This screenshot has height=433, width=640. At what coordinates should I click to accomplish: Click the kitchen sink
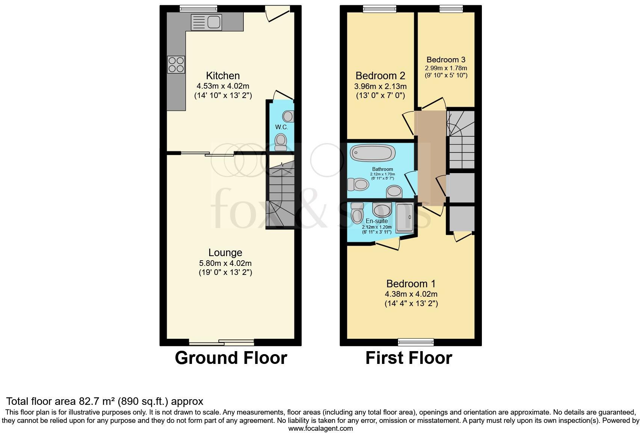pyautogui.click(x=206, y=22)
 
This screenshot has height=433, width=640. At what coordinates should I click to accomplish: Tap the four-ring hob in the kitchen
pyautogui.click(x=176, y=64)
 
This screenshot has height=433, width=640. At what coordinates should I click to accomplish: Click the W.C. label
pyautogui.click(x=281, y=127)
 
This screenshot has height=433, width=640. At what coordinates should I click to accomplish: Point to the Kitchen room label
pyautogui.click(x=223, y=75)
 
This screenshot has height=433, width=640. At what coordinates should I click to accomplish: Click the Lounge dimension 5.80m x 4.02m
pyautogui.click(x=225, y=263)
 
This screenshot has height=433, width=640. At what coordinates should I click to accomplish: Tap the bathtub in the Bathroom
pyautogui.click(x=373, y=153)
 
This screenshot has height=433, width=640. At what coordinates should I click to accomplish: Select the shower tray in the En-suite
pyautogui.click(x=404, y=218)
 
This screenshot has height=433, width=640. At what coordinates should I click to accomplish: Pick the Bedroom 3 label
pyautogui.click(x=446, y=60)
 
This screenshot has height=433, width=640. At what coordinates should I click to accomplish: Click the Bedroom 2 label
pyautogui.click(x=380, y=76)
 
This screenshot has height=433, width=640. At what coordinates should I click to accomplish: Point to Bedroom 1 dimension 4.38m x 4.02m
pyautogui.click(x=411, y=294)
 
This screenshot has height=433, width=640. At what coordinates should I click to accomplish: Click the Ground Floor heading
pyautogui.click(x=231, y=358)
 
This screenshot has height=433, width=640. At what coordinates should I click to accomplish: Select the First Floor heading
pyautogui.click(x=409, y=358)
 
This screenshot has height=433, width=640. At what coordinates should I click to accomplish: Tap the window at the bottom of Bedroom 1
pyautogui.click(x=415, y=342)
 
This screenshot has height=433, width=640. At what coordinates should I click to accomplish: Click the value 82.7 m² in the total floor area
pyautogui.click(x=97, y=401)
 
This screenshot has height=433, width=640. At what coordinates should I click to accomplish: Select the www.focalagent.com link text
pyautogui.click(x=320, y=428)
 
